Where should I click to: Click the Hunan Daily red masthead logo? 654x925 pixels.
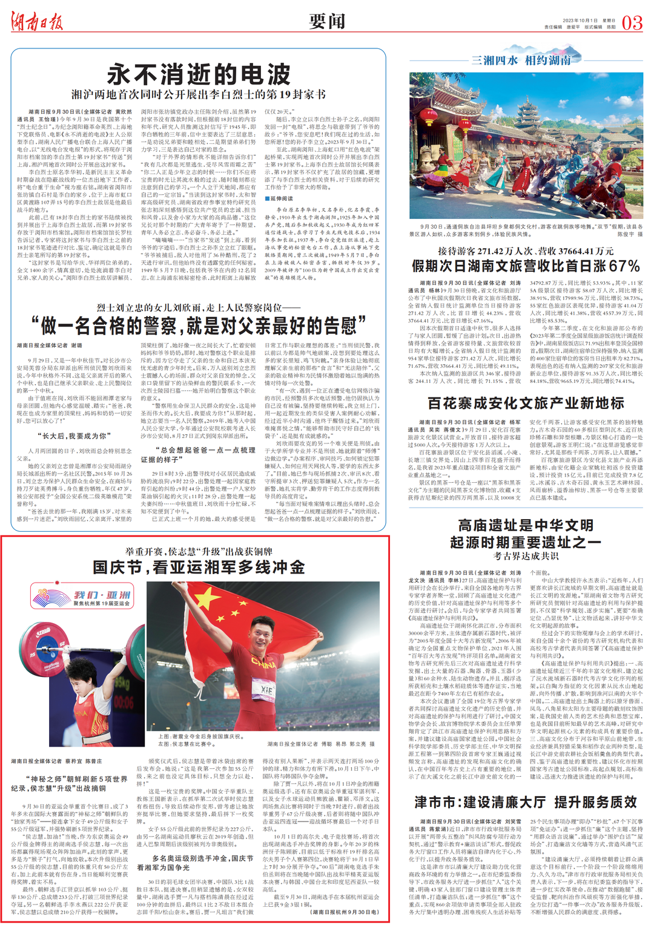[37, 22]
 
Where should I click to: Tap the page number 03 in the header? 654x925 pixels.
[632, 23]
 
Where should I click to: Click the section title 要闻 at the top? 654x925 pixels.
[327, 22]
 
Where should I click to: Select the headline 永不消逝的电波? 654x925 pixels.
[199, 75]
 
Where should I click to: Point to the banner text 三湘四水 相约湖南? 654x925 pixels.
[521, 60]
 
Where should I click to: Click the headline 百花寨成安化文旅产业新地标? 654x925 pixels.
[525, 404]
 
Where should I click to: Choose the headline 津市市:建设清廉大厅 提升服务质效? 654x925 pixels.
[525, 802]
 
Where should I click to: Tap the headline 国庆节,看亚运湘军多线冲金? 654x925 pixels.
[199, 567]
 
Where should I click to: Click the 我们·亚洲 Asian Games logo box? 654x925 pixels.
[82, 595]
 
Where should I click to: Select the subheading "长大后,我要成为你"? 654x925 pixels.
[74, 436]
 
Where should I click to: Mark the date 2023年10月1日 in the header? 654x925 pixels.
[580, 20]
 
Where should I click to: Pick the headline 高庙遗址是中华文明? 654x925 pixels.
[525, 525]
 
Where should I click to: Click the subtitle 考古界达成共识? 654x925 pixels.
[525, 556]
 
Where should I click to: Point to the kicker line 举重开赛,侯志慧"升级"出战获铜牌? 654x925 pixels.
[199, 551]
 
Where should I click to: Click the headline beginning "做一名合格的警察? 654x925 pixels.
[199, 325]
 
